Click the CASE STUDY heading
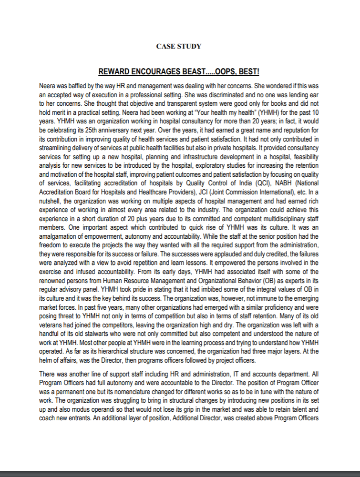tap(179, 46)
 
